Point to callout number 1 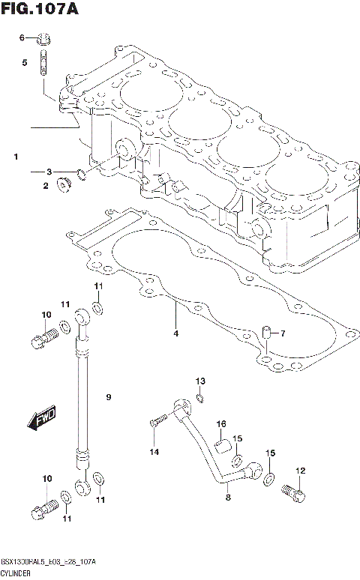pos(14,157)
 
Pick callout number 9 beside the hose pos(108,396)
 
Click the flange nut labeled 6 pos(44,37)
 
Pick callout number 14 pos(154,452)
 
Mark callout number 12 pos(300,471)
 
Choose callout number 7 pos(283,333)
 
